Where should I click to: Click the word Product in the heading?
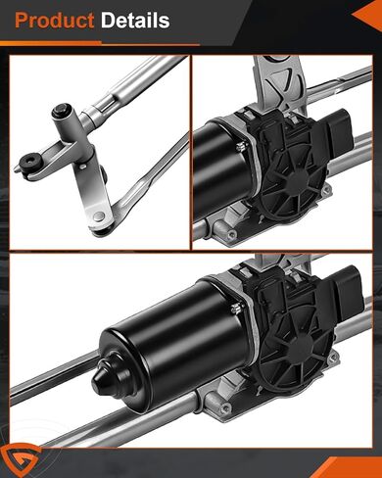54,21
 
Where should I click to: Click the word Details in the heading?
135,21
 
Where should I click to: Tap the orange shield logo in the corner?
17,459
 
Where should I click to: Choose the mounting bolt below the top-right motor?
231,235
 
